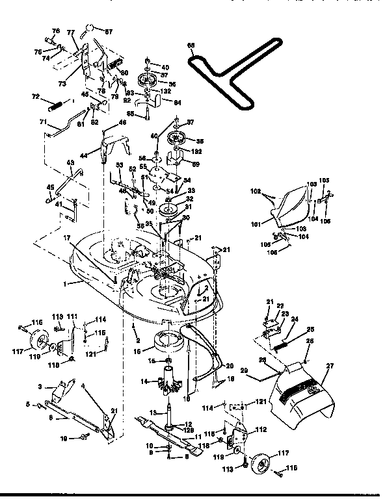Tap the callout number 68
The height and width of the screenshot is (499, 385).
191,45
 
